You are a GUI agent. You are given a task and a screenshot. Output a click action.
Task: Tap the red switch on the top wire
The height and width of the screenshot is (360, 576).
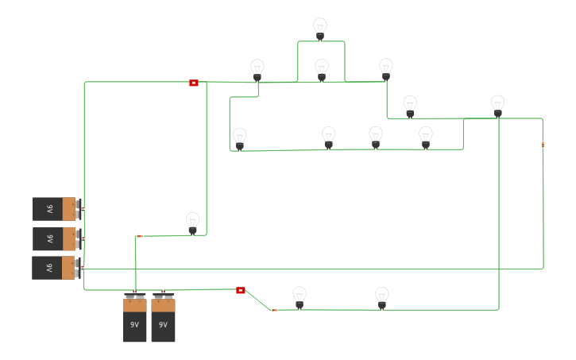point(194,83)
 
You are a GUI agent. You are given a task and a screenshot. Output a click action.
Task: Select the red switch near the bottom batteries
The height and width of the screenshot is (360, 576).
point(241,290)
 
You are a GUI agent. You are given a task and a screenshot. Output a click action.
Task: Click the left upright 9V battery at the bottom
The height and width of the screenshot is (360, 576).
point(135,319)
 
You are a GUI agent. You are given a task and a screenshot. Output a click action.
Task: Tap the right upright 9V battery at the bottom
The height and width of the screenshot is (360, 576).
point(163,319)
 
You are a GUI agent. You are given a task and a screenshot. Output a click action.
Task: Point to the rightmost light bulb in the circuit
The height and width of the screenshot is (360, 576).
point(497,106)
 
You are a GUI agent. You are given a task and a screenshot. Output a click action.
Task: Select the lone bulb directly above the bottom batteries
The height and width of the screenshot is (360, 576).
point(192,223)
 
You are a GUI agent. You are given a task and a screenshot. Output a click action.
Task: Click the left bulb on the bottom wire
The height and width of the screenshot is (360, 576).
point(300,297)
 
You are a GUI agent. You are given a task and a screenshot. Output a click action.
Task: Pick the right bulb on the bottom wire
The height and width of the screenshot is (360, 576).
point(382,297)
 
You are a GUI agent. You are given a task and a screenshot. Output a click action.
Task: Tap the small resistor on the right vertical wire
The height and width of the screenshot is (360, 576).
point(543,145)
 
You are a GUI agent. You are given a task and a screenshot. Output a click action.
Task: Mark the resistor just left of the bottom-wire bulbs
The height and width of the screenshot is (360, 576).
point(274,310)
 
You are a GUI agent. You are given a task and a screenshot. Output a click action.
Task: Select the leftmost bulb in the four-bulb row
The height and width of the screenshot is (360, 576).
point(240,138)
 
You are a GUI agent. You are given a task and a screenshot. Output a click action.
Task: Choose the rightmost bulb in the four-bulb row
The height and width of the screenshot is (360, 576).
point(426,137)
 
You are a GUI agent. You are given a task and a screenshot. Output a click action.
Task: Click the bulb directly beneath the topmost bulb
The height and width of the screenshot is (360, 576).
point(322,70)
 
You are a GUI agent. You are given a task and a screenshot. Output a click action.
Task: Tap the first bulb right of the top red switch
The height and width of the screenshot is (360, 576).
point(257,70)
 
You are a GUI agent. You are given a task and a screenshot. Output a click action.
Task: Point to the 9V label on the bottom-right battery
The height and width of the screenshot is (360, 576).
point(163,325)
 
